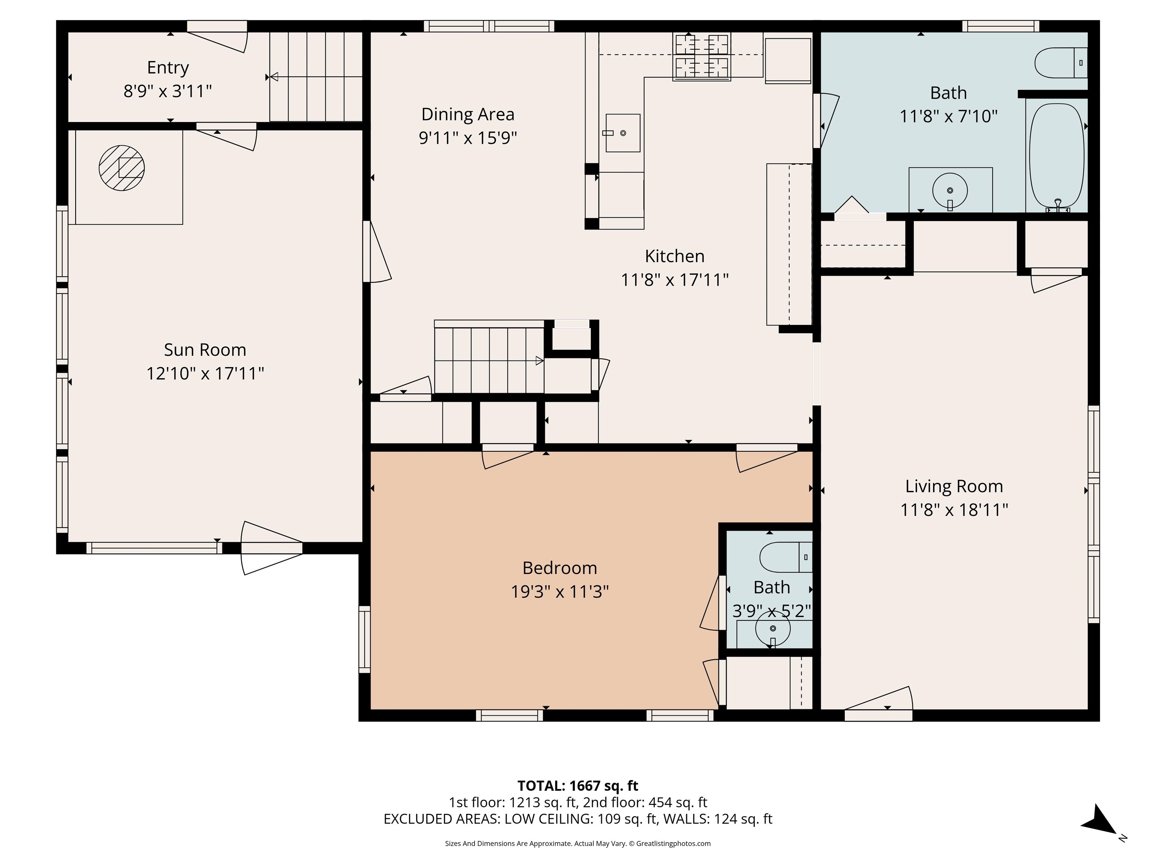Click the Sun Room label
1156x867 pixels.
pyautogui.click(x=205, y=350)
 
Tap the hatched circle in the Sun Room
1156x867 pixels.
pyautogui.click(x=122, y=168)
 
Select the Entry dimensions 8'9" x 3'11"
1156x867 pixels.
pyautogui.click(x=168, y=91)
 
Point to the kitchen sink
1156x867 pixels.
pyautogui.click(x=623, y=133)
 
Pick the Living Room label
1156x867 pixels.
pyautogui.click(x=954, y=486)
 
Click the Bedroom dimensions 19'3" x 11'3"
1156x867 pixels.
pyautogui.click(x=560, y=592)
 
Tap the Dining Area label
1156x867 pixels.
pyautogui.click(x=468, y=114)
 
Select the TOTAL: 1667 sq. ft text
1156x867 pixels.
pyautogui.click(x=578, y=785)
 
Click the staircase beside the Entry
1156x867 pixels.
pyautogui.click(x=316, y=77)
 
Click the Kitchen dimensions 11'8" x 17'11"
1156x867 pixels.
pyautogui.click(x=674, y=280)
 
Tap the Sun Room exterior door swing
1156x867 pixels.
pyautogui.click(x=271, y=548)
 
